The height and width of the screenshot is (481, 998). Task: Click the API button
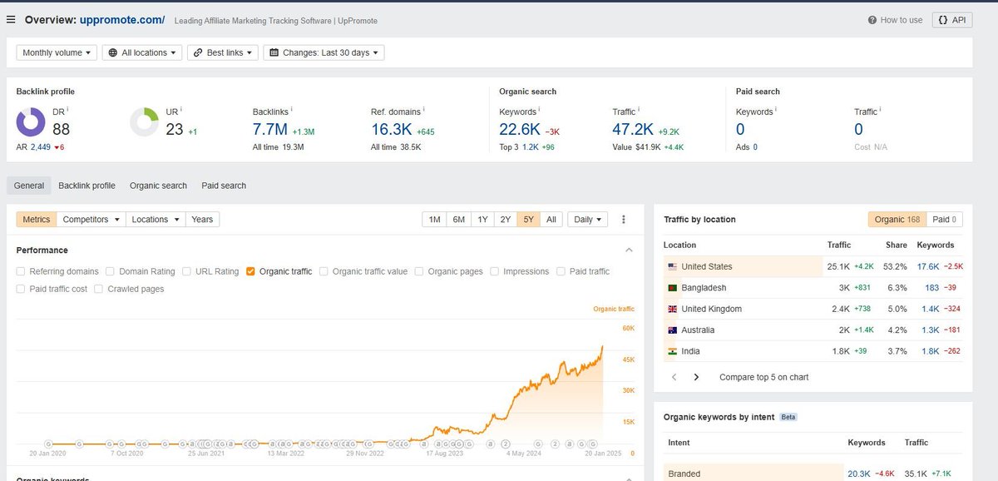coord(952,20)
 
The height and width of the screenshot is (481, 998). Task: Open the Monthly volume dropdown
coord(57,52)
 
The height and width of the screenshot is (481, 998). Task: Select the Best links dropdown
coord(222,52)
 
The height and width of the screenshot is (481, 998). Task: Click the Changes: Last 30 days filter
coord(324,52)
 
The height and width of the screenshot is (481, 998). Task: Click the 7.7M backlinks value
coord(269,129)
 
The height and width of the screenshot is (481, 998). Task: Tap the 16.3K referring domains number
coord(391,129)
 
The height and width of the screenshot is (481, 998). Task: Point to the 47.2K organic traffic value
coord(632,129)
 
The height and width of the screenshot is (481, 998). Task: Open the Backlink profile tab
coord(86,186)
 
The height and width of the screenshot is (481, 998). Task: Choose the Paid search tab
coord(224,186)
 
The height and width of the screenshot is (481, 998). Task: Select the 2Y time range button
coord(505,220)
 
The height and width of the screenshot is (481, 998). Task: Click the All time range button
coord(551,220)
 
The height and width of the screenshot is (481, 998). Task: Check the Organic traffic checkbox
coord(250,271)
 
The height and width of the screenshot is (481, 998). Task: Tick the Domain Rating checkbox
coord(111,271)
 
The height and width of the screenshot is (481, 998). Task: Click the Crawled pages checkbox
coord(98,289)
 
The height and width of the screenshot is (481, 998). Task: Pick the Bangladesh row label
coord(704,288)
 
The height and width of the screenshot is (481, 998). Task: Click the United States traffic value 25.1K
coord(838,266)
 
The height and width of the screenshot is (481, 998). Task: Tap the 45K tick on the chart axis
coord(629,360)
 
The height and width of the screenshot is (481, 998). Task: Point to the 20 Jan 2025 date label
coord(603,454)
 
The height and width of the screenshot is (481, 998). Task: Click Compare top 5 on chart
coord(763,377)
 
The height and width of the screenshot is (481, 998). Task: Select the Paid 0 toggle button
coord(944,220)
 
